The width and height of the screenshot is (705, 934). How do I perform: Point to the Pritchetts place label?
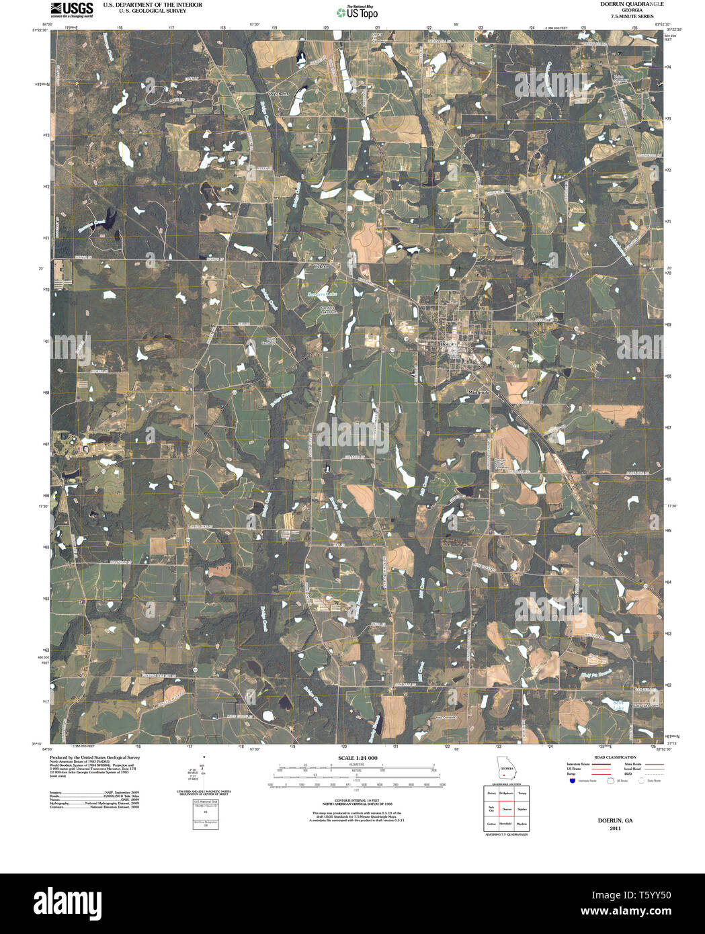[x=278, y=94]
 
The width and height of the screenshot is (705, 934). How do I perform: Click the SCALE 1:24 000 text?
[x=352, y=758]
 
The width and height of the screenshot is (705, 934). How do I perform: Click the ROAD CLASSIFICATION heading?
[x=611, y=757]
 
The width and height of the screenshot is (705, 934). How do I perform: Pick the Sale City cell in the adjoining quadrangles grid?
[x=491, y=809]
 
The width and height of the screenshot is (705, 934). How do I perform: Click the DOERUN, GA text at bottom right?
[x=615, y=821]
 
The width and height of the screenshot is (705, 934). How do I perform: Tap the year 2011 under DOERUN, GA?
[x=615, y=829]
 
